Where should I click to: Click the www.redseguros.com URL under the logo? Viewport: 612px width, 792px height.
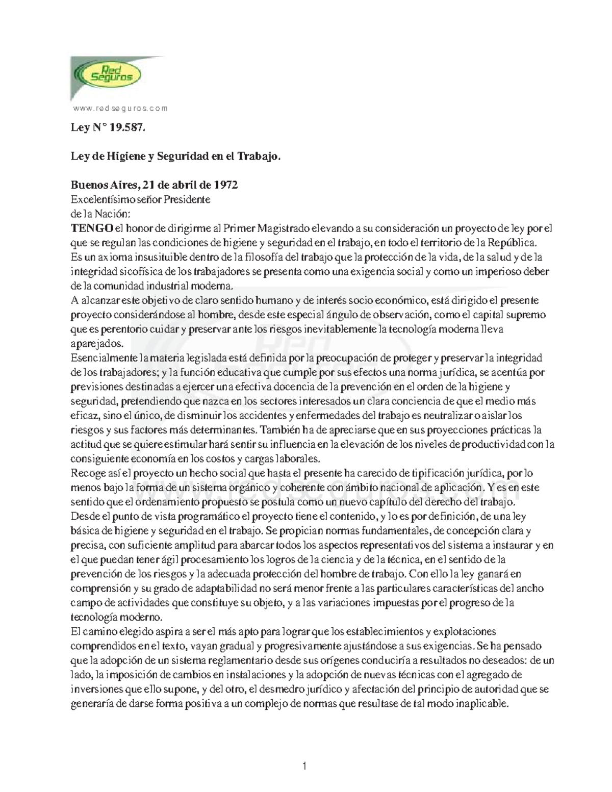coord(120,109)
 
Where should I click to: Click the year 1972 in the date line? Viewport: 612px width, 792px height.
coord(226,185)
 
